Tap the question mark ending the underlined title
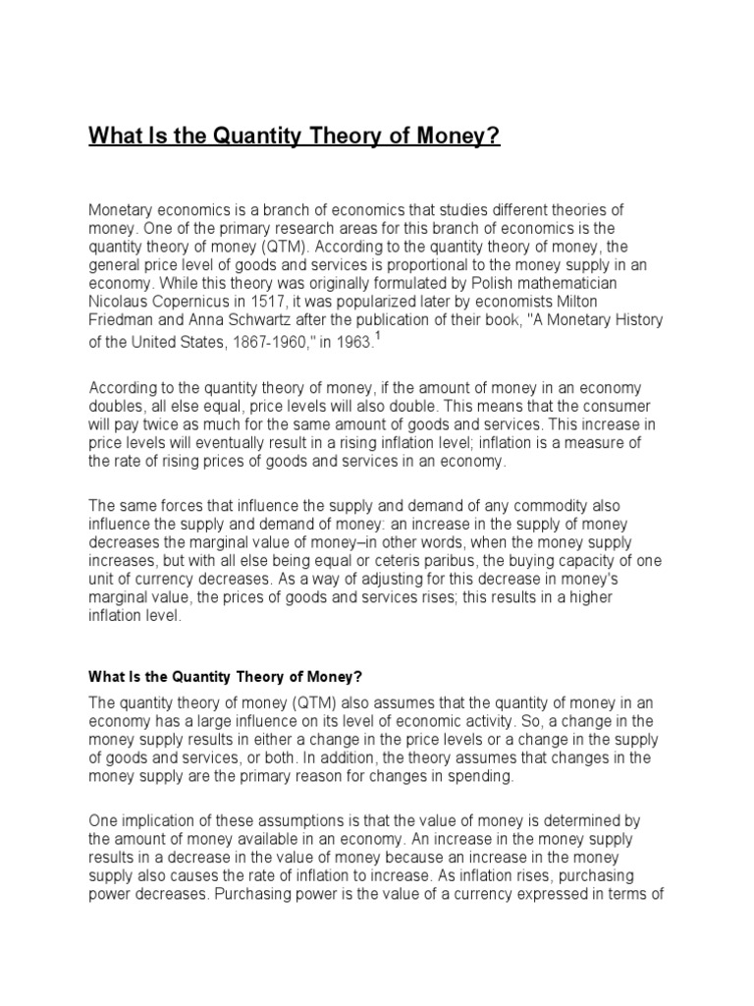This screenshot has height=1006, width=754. pyautogui.click(x=495, y=136)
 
